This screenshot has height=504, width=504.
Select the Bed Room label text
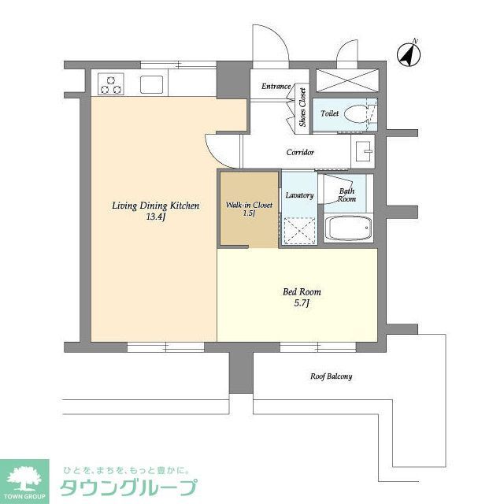coord(302,292)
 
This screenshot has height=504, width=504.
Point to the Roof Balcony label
coord(330,376)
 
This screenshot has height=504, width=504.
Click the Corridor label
coord(301,152)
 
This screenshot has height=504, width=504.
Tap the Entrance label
coord(276,87)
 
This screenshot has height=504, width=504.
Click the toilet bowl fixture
coord(359,113)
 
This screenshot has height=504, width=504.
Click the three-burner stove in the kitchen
coord(111,83)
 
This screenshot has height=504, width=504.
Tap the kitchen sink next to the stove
coord(151,83)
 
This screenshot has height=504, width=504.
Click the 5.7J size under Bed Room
coord(302,304)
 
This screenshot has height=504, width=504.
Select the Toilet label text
coord(329,113)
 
